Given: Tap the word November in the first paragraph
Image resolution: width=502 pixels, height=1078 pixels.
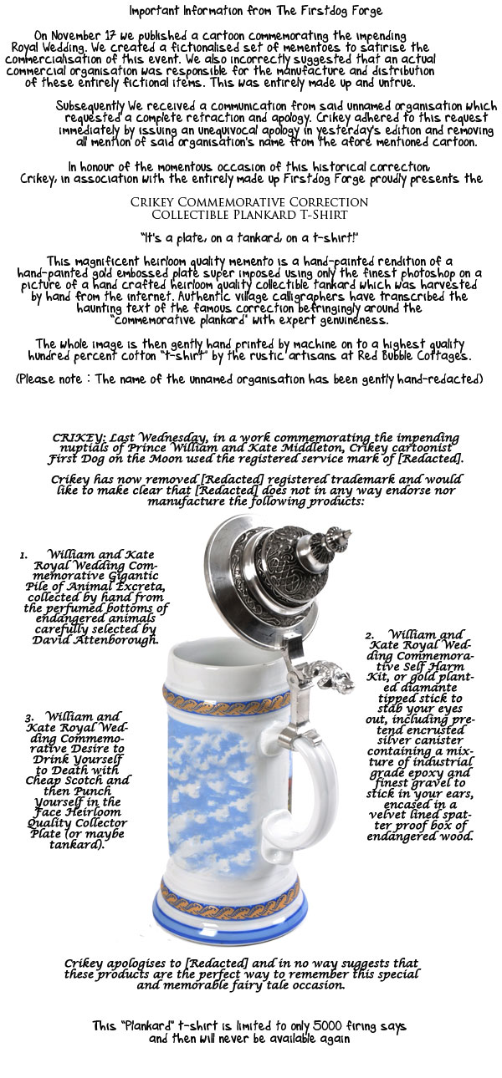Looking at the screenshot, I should pyautogui.click(x=86, y=36).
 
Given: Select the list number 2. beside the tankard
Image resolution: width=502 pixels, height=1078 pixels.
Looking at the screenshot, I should pyautogui.click(x=369, y=636).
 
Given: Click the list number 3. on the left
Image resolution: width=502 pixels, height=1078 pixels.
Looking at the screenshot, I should pyautogui.click(x=29, y=717).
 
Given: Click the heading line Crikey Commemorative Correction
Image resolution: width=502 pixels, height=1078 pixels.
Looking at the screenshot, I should pyautogui.click(x=250, y=202).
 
